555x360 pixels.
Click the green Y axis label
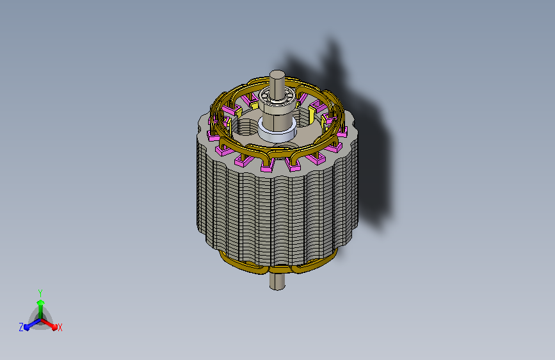pos(40,293)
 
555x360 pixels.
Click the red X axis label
pos(60,327)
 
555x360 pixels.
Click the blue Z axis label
pos(21,327)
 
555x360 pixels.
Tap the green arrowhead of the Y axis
pos(41,302)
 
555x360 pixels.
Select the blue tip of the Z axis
pos(27,327)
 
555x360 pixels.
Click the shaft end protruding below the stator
pos(277,282)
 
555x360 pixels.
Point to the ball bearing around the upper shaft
pos(277,97)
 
